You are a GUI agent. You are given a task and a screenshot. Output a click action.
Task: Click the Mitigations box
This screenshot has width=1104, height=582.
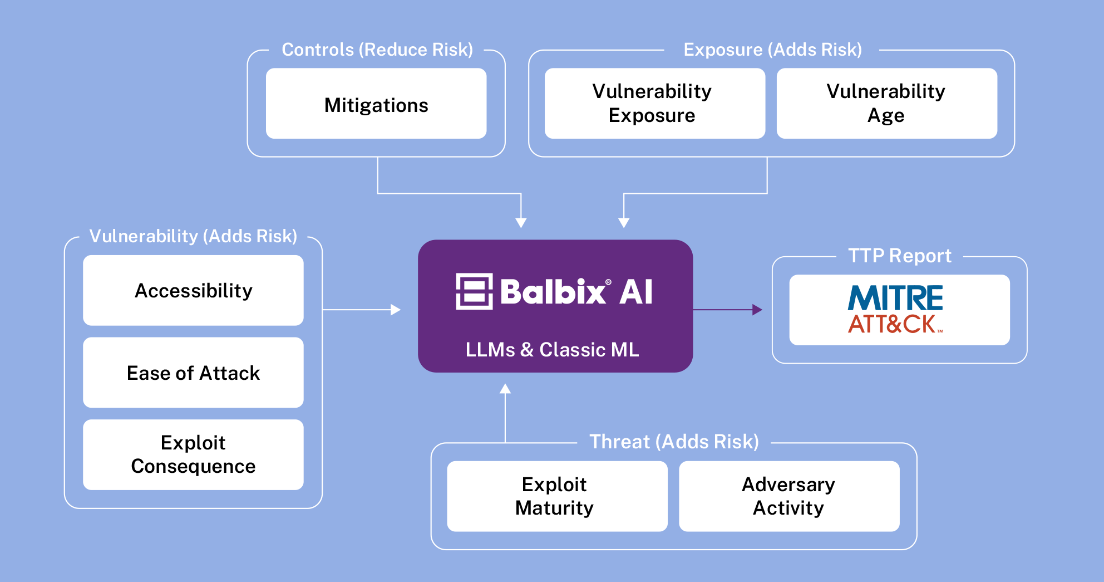(376, 104)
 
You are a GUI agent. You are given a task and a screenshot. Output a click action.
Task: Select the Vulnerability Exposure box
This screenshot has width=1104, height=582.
(655, 104)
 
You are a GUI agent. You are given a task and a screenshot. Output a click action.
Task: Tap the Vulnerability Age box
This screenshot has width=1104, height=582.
(887, 104)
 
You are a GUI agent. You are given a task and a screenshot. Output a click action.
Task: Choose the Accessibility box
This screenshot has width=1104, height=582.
(193, 290)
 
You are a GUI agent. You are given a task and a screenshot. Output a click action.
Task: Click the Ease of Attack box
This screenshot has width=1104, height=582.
(193, 373)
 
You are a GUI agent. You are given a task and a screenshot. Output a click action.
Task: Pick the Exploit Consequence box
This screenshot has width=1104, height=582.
(193, 454)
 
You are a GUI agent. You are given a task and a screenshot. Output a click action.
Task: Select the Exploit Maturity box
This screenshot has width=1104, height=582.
(557, 496)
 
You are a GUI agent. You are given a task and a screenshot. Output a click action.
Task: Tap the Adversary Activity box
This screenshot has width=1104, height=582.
(789, 496)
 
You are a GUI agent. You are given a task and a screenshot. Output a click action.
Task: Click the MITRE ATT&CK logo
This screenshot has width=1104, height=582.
(895, 310)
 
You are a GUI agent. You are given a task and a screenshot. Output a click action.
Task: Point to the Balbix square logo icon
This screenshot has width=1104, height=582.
(474, 291)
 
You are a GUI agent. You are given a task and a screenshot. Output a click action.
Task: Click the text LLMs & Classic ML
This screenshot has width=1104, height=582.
(552, 350)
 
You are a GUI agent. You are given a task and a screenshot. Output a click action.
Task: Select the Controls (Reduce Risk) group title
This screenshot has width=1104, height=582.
(377, 50)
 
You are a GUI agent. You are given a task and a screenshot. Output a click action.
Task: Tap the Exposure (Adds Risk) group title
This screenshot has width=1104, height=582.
(772, 50)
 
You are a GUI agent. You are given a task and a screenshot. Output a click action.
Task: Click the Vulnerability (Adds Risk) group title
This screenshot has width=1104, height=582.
(193, 236)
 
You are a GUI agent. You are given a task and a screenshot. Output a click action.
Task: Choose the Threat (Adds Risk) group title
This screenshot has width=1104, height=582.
(674, 442)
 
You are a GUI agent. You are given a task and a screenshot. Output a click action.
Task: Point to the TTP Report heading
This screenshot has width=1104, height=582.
(900, 256)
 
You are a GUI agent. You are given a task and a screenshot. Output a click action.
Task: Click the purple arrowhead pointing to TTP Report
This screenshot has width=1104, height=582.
(757, 310)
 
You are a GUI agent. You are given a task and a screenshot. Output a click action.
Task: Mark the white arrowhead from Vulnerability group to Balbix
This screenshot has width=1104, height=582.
(396, 310)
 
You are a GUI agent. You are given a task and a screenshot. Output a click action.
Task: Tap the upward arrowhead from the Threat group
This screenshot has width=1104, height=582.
(505, 389)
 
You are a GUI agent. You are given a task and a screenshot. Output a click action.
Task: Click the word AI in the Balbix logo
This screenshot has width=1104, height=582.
(636, 292)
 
